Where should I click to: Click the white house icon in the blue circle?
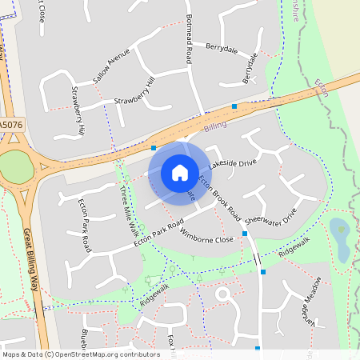[179, 172]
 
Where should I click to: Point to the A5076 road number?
[10, 125]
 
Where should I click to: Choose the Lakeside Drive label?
[232, 163]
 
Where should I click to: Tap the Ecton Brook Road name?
[219, 198]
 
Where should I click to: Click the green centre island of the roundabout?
[14, 167]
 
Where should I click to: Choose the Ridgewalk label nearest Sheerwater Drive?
[294, 247]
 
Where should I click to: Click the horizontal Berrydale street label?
[222, 47]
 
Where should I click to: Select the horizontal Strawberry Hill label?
[133, 100]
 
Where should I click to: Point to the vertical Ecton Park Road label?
[84, 226]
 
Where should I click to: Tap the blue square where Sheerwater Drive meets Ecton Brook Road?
[245, 234]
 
